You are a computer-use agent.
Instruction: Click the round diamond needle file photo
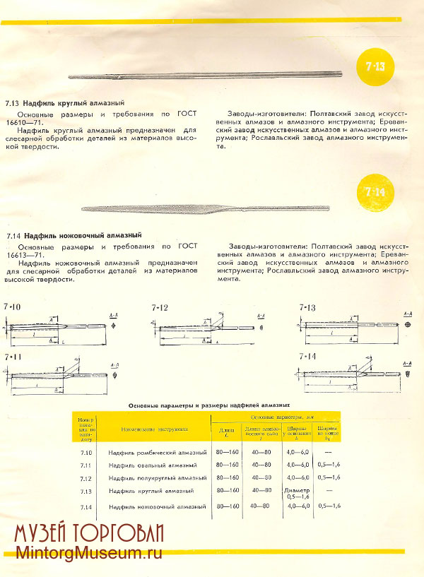coord(205,74)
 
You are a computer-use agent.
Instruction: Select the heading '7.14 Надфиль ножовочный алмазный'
coord(73,234)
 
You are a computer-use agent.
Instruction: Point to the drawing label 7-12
coord(160,307)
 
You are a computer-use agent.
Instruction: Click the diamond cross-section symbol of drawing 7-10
coord(114,328)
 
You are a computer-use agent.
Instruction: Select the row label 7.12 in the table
coord(86,478)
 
